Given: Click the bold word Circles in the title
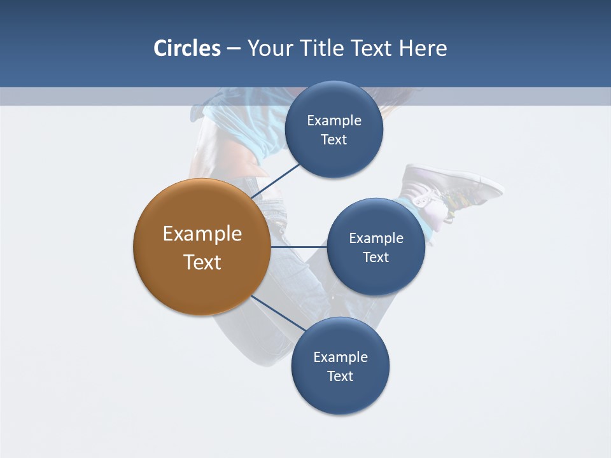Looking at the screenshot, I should click(x=187, y=48).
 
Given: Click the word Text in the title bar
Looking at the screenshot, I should click(x=374, y=48).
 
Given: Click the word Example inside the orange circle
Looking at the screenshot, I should click(x=202, y=234).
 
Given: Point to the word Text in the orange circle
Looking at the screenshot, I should click(x=202, y=262).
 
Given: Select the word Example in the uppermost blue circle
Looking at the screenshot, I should click(x=334, y=121).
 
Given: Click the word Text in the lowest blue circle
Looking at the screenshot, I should click(x=340, y=376).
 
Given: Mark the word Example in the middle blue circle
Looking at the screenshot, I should click(x=376, y=239).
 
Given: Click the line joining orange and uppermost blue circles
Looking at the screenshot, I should click(x=276, y=181).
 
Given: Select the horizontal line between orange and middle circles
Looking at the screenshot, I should click(x=298, y=247).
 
